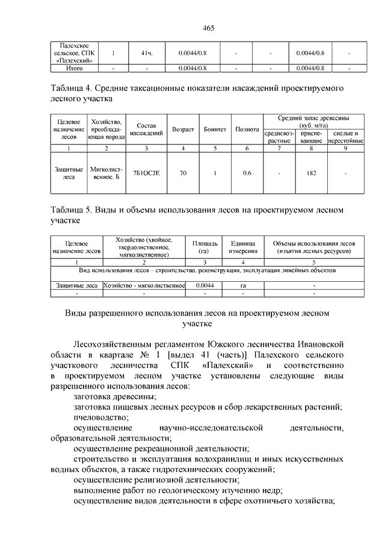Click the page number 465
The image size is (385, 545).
[192, 28]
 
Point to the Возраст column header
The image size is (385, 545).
[183, 129]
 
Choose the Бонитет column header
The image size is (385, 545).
[215, 129]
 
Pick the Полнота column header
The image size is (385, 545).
[247, 129]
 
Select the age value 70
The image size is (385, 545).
[183, 173]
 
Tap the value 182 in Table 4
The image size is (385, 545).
[311, 173]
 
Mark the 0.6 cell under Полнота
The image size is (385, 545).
[247, 173]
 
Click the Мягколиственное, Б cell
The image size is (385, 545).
[106, 173]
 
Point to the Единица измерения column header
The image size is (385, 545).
[243, 247]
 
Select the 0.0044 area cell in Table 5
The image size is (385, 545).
[205, 285]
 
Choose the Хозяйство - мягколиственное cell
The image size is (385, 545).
[144, 285]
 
